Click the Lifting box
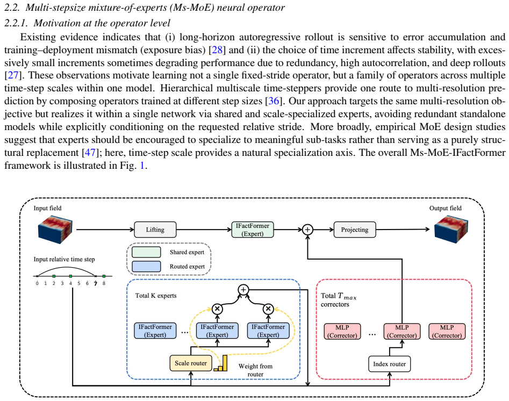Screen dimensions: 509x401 [155, 230]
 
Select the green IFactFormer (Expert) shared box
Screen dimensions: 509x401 [253, 230]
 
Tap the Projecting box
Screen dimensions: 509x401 [355, 230]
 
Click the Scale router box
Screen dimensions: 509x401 [191, 363]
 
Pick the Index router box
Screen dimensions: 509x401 [390, 364]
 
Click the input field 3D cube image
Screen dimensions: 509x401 [55, 229]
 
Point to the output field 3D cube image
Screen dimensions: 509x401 [451, 229]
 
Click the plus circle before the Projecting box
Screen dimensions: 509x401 [307, 230]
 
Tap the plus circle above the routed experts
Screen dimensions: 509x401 [243, 290]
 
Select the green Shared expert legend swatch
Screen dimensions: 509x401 [146, 252]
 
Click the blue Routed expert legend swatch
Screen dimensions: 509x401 [146, 267]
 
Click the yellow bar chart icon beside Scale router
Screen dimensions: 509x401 [221, 363]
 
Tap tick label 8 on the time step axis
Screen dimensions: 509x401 [104, 283]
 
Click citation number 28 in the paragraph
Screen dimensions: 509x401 [217, 49]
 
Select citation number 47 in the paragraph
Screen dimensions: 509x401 [90, 152]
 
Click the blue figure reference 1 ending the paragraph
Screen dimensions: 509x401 [142, 165]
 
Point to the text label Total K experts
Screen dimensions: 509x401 [156, 296]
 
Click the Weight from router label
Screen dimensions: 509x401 [255, 370]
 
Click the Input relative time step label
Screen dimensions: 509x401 [64, 260]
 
